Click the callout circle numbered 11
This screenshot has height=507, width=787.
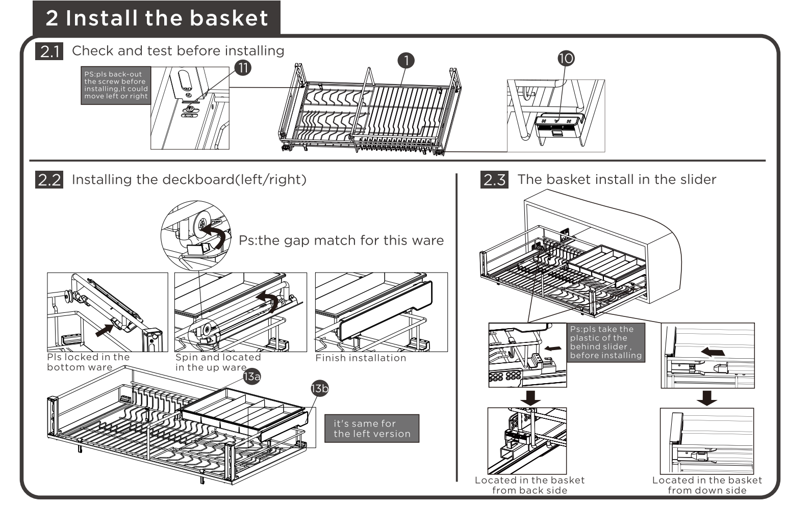(243, 67)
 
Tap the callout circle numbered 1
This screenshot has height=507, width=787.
(406, 61)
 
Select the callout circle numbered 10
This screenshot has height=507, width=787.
(566, 59)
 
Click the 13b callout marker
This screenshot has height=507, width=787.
(320, 389)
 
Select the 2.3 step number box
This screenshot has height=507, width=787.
(494, 180)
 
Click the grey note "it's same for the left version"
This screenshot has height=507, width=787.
(372, 429)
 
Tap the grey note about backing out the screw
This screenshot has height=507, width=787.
(116, 85)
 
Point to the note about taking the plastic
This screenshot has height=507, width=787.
(606, 342)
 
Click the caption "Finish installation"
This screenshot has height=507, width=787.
(361, 358)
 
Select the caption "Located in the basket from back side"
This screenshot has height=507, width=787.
(529, 485)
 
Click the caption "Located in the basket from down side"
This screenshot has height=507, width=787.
(707, 485)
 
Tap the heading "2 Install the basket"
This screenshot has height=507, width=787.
(157, 18)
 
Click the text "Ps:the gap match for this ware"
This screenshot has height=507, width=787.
(341, 241)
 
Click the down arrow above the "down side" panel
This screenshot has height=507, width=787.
(706, 397)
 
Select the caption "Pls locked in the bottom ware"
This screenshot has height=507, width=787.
(88, 362)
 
